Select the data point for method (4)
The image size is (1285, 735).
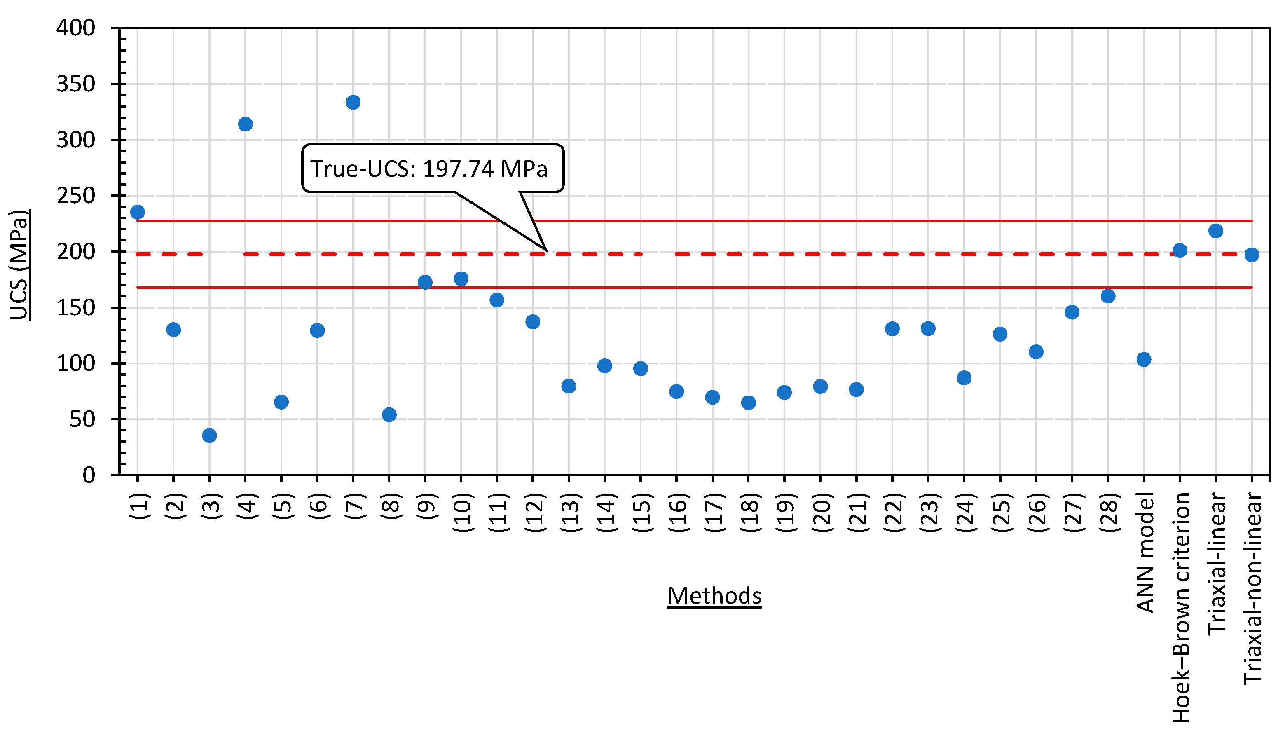click(x=245, y=124)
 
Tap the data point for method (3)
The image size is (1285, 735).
click(x=209, y=435)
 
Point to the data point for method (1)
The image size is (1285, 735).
click(x=137, y=212)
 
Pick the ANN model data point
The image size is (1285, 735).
click(x=1144, y=359)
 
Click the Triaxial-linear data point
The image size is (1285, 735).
click(x=1215, y=231)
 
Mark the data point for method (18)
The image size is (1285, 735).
click(x=749, y=403)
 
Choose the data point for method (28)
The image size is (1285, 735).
click(x=1108, y=296)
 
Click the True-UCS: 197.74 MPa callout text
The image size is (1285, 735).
click(x=428, y=169)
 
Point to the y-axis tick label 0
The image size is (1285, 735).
click(x=89, y=475)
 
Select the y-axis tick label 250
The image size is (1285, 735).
click(x=76, y=196)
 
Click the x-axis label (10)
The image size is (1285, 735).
click(x=463, y=513)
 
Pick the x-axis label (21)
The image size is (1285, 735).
click(x=858, y=513)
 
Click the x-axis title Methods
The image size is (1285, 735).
click(x=714, y=596)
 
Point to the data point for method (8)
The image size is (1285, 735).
click(x=389, y=415)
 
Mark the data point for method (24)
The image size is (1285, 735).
click(x=964, y=378)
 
